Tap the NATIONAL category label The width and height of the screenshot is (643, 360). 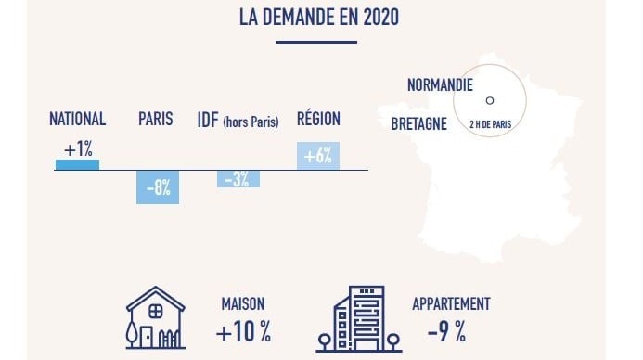pos(77,120)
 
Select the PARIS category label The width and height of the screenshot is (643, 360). pos(155,120)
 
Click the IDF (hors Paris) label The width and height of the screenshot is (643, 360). pos(238,121)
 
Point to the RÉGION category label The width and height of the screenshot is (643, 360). pos(318,119)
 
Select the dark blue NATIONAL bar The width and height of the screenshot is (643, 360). pos(77,165)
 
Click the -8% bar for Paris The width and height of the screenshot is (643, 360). pos(157,186)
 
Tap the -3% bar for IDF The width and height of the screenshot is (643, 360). pos(238,179)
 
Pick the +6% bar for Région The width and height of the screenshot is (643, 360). pos(318,156)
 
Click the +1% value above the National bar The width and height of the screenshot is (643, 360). pos(78,148)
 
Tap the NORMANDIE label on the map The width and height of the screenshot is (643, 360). pos(440,85)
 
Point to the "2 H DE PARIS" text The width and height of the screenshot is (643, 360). pos(491,122)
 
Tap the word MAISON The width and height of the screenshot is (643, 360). pos(243,304)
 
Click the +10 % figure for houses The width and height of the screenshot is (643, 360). pos(243,331)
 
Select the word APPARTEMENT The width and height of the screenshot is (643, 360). pos(452,304)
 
